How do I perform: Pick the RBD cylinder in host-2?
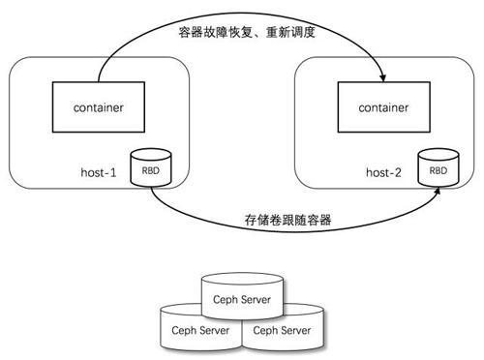tap(438, 168)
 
